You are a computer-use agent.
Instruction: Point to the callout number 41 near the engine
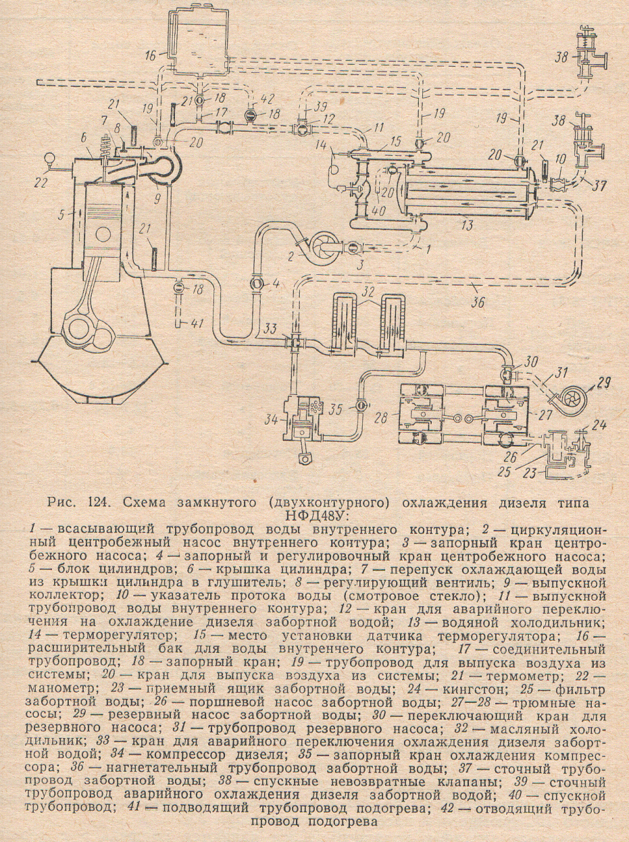click(x=195, y=323)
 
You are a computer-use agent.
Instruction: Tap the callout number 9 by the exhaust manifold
click(x=157, y=199)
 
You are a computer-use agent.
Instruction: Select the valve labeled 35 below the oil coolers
click(x=361, y=406)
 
